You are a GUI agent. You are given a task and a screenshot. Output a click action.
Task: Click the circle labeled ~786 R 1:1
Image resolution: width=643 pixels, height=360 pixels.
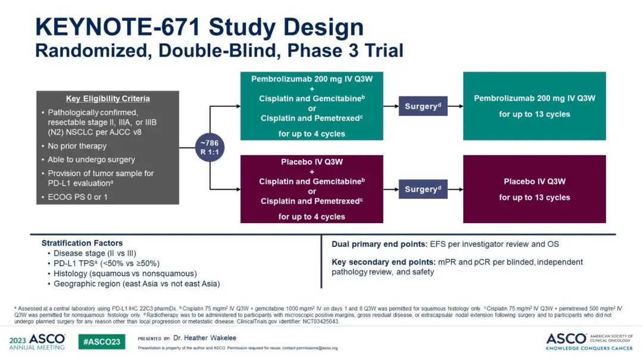(210, 148)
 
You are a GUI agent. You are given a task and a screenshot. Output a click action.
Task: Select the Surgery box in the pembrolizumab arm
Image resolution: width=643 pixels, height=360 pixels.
(423, 106)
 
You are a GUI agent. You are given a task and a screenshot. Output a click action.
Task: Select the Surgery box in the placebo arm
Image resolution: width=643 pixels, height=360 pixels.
(423, 189)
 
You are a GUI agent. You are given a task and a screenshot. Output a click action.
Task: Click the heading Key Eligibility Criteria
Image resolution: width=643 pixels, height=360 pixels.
(108, 99)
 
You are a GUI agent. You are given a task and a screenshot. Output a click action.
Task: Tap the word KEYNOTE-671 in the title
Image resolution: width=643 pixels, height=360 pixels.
(118, 27)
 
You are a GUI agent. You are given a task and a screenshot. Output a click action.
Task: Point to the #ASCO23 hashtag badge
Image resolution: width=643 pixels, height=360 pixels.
(102, 342)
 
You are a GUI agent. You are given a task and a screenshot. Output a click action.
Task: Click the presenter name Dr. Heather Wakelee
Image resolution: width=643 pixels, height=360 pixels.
(205, 338)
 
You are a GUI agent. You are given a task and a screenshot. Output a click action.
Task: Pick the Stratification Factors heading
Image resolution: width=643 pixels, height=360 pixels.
(82, 243)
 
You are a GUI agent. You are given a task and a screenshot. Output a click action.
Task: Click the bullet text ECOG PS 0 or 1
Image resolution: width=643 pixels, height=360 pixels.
(77, 197)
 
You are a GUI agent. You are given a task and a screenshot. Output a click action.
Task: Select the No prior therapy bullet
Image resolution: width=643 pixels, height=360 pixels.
(77, 146)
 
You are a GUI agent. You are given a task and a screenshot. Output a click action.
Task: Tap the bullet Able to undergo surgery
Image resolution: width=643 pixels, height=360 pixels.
(91, 159)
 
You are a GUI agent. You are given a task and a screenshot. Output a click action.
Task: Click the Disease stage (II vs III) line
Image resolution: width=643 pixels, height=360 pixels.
(95, 253)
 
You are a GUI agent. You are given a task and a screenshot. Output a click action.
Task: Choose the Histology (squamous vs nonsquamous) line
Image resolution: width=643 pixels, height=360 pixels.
(125, 274)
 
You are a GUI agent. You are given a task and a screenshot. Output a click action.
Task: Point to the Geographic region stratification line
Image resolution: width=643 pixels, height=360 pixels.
(136, 284)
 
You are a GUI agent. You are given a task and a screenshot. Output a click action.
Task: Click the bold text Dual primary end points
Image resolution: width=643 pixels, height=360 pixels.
(379, 245)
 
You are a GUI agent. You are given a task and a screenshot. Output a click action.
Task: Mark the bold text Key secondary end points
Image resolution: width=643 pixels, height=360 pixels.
(383, 262)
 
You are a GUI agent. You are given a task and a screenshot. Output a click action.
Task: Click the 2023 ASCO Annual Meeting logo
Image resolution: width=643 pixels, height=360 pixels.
(37, 342)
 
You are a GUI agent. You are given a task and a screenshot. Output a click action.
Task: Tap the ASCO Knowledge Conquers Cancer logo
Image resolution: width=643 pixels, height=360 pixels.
(589, 342)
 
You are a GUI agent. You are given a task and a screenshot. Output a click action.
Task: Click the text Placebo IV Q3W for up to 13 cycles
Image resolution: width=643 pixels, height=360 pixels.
(534, 189)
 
